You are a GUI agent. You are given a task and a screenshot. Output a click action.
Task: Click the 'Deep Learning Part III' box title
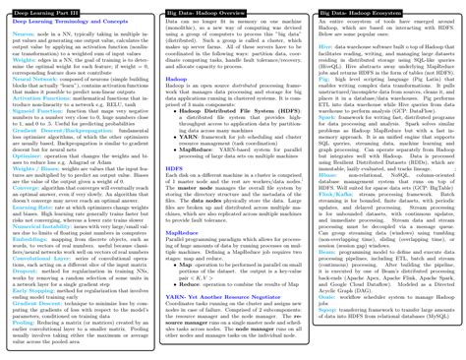click(x=38, y=6)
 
